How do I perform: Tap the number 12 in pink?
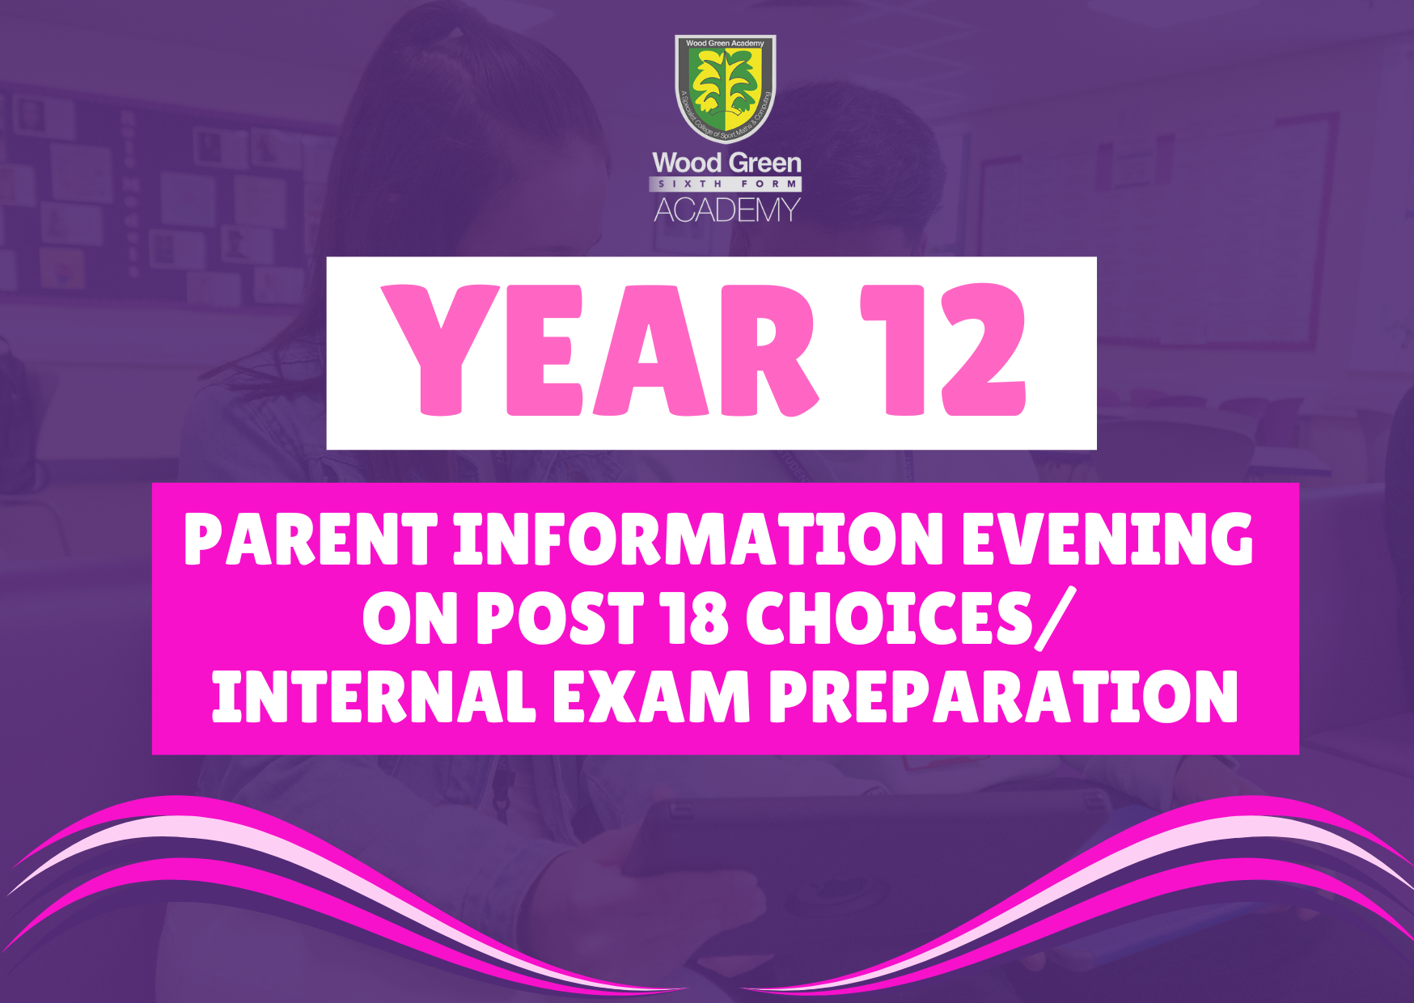(x=943, y=350)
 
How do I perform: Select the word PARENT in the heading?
(x=311, y=540)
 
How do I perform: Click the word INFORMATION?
(x=697, y=540)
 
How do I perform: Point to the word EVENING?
(x=1107, y=540)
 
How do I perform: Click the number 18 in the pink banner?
(x=694, y=619)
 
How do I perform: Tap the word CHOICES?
(x=889, y=619)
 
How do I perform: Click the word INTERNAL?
(x=373, y=696)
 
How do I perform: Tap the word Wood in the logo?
(x=687, y=163)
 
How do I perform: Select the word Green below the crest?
(x=764, y=163)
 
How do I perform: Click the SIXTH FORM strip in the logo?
(x=726, y=184)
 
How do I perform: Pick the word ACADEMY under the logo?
(x=726, y=210)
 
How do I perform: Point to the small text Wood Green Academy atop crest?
(x=725, y=44)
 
